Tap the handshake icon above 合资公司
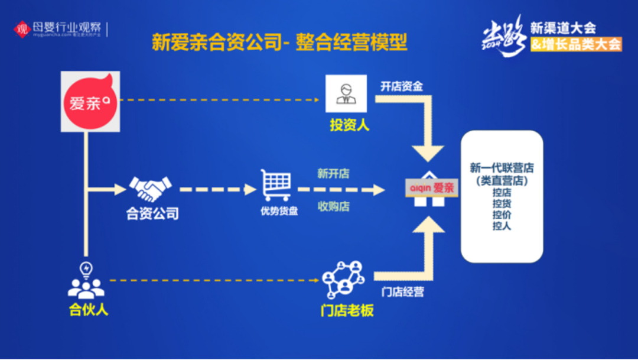[x=151, y=189]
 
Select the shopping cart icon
[x=276, y=185]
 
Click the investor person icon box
[x=346, y=93]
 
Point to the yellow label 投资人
[x=349, y=125]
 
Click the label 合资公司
[x=152, y=213]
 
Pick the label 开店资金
[x=402, y=86]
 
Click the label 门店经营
[x=402, y=292]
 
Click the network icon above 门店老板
[x=343, y=279]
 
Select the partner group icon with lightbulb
[x=86, y=280]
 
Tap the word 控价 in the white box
[x=502, y=215]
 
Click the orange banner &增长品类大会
[x=576, y=44]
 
